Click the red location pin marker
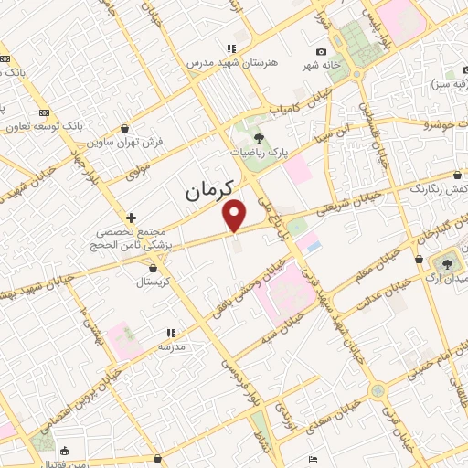tap(236, 214)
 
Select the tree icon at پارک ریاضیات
tap(260, 138)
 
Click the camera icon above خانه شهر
tap(321, 52)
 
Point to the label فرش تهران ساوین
tap(118, 142)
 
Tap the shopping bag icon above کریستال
tap(153, 269)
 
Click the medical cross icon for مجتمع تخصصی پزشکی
tap(133, 218)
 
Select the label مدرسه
tap(172, 347)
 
